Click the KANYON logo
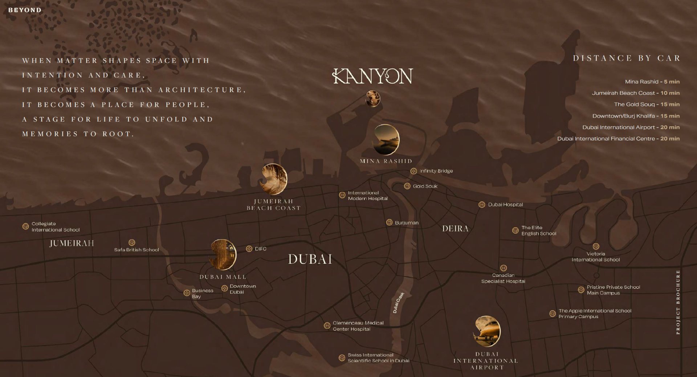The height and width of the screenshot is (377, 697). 373,76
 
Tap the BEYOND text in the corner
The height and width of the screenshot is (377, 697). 25,10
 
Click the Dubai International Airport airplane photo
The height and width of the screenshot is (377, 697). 487,331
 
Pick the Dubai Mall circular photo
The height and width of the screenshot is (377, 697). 223,254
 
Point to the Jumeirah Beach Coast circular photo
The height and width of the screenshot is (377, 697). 274,179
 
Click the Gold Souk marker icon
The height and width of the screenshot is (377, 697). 407,186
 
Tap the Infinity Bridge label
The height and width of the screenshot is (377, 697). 436,171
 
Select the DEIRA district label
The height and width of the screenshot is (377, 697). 455,229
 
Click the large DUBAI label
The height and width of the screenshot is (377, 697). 310,259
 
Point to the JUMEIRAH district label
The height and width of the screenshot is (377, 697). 72,243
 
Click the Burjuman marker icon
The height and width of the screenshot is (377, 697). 389,222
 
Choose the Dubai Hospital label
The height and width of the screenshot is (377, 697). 505,205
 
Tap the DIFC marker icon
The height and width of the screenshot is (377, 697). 249,249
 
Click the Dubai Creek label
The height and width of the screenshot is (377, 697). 398,303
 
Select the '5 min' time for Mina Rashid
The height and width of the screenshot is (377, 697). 672,82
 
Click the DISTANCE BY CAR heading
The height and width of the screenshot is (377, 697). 627,58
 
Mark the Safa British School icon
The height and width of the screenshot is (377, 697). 132,242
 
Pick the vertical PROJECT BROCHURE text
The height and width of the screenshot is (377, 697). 678,302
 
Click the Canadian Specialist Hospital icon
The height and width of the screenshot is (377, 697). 503,268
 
